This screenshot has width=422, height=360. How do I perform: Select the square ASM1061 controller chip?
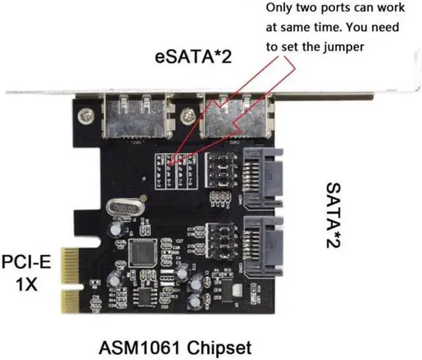[x=145, y=253]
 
